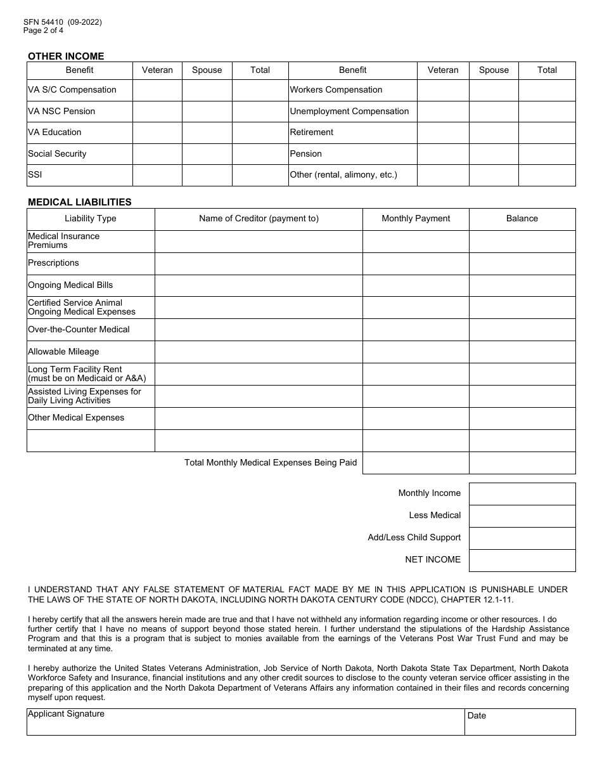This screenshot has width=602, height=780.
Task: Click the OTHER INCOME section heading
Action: [x=66, y=56]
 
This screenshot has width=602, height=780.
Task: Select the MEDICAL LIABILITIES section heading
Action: [x=80, y=202]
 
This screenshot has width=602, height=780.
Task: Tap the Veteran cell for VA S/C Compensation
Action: [x=157, y=90]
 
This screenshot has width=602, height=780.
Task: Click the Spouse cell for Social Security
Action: [x=207, y=154]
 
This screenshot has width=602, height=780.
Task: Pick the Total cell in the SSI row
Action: [x=260, y=175]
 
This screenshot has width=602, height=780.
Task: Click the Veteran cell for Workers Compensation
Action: [x=443, y=90]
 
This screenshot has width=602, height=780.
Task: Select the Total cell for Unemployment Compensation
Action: [x=547, y=112]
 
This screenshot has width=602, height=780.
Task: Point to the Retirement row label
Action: [x=312, y=133]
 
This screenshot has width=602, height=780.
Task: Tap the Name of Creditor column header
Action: [x=259, y=219]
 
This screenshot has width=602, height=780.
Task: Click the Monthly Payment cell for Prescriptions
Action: [x=416, y=263]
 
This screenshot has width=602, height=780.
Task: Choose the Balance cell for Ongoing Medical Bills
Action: [x=522, y=285]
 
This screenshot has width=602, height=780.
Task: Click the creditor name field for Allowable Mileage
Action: [x=259, y=352]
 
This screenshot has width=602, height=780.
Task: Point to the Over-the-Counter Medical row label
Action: [x=79, y=330]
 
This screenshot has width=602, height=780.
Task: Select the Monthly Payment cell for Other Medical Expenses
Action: [x=416, y=419]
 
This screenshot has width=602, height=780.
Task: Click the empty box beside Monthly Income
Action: [x=522, y=494]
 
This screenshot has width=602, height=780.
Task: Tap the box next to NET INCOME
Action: [x=522, y=561]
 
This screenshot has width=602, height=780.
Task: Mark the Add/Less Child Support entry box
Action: [x=522, y=538]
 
